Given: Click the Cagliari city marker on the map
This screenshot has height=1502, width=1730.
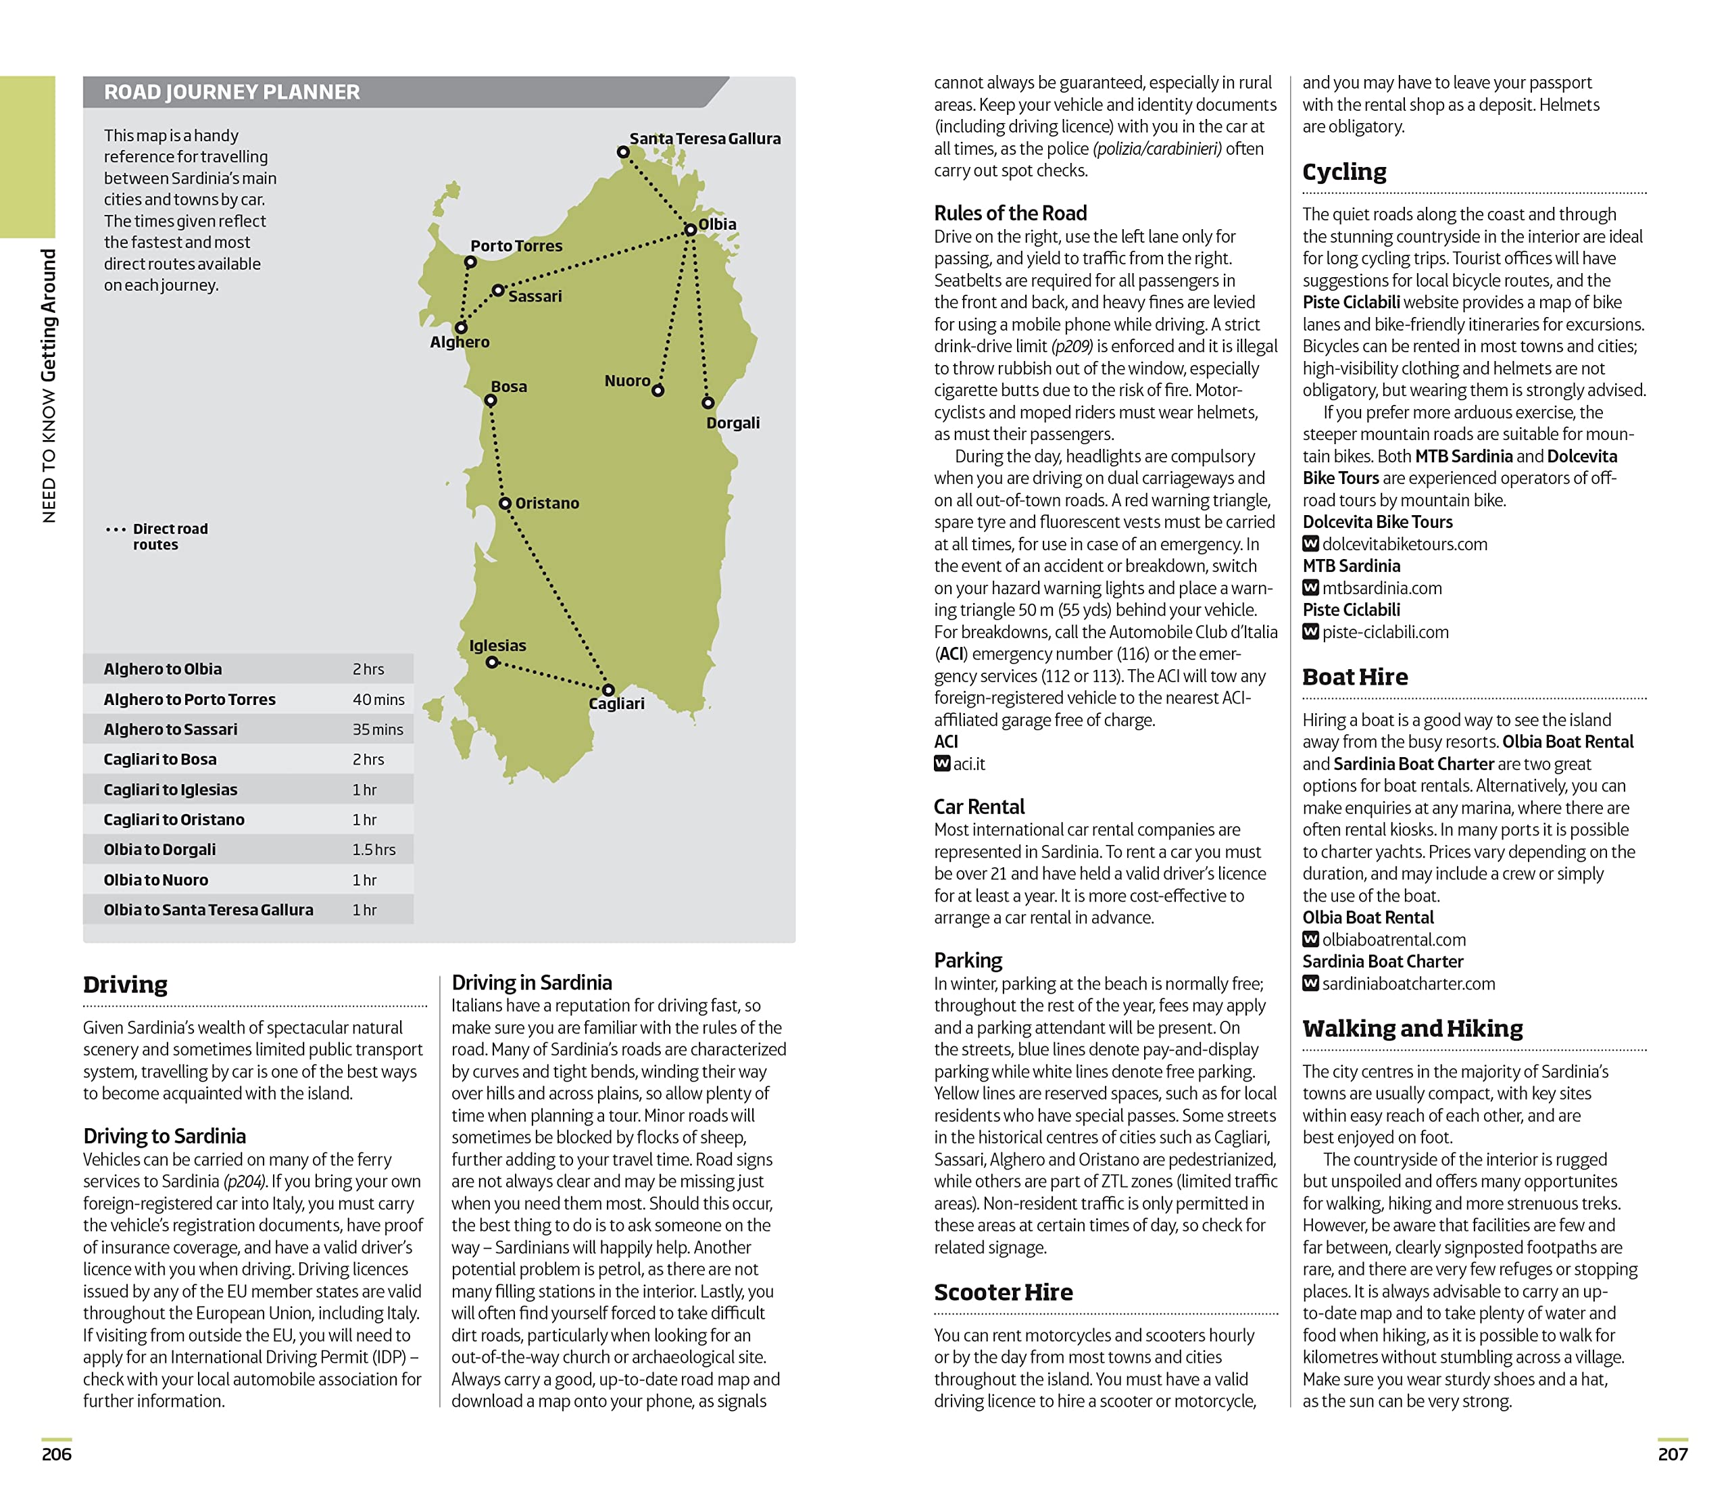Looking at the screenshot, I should pyautogui.click(x=608, y=689).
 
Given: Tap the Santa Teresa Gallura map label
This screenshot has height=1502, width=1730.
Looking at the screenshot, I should pyautogui.click(x=705, y=139).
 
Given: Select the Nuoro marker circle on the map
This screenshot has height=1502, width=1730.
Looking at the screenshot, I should pyautogui.click(x=658, y=391).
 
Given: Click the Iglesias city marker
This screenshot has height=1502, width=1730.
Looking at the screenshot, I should pyautogui.click(x=493, y=662).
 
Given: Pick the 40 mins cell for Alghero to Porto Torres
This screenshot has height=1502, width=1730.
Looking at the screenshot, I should pyautogui.click(x=378, y=699).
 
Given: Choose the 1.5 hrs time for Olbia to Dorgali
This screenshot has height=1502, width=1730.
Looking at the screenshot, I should pyautogui.click(x=374, y=849).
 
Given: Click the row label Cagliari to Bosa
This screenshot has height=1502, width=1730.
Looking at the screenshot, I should pyautogui.click(x=160, y=759).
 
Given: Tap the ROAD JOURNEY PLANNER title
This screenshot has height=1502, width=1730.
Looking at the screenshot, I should pyautogui.click(x=231, y=92).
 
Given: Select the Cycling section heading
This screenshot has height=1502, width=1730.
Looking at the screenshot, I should pyautogui.click(x=1343, y=172).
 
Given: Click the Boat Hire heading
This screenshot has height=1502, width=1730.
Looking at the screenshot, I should pyautogui.click(x=1355, y=677).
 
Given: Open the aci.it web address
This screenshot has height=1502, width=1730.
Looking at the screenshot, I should pyautogui.click(x=968, y=764).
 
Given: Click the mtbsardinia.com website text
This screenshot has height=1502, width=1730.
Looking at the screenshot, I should pyautogui.click(x=1381, y=587).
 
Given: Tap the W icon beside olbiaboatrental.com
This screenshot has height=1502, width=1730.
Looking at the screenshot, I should pyautogui.click(x=1310, y=939).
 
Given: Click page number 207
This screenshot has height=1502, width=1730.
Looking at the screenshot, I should pyautogui.click(x=1672, y=1454).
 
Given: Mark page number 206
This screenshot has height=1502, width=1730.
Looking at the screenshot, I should pyautogui.click(x=57, y=1454).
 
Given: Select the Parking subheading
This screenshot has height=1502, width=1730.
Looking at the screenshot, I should pyautogui.click(x=968, y=960).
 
